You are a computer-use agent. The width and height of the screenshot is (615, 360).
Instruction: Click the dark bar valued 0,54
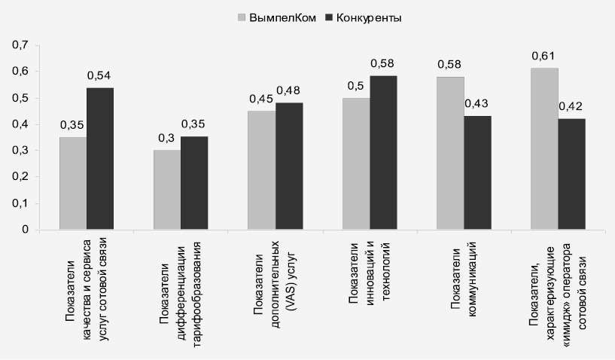coord(100,158)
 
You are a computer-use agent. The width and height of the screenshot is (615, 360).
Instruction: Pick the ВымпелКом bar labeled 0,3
coord(167,190)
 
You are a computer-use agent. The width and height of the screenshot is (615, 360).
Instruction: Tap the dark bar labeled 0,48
coord(289,166)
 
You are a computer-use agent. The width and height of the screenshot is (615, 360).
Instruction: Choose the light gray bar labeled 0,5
coord(356,163)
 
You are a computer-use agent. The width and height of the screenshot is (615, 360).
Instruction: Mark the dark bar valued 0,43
coord(477,172)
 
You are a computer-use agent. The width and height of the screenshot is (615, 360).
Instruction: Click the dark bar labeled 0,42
coord(571,174)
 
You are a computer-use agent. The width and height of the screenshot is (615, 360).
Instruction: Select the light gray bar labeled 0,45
coord(262,170)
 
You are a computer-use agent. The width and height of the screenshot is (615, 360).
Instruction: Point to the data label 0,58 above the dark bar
coord(383,63)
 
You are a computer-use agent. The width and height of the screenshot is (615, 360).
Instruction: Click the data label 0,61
coord(544,55)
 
